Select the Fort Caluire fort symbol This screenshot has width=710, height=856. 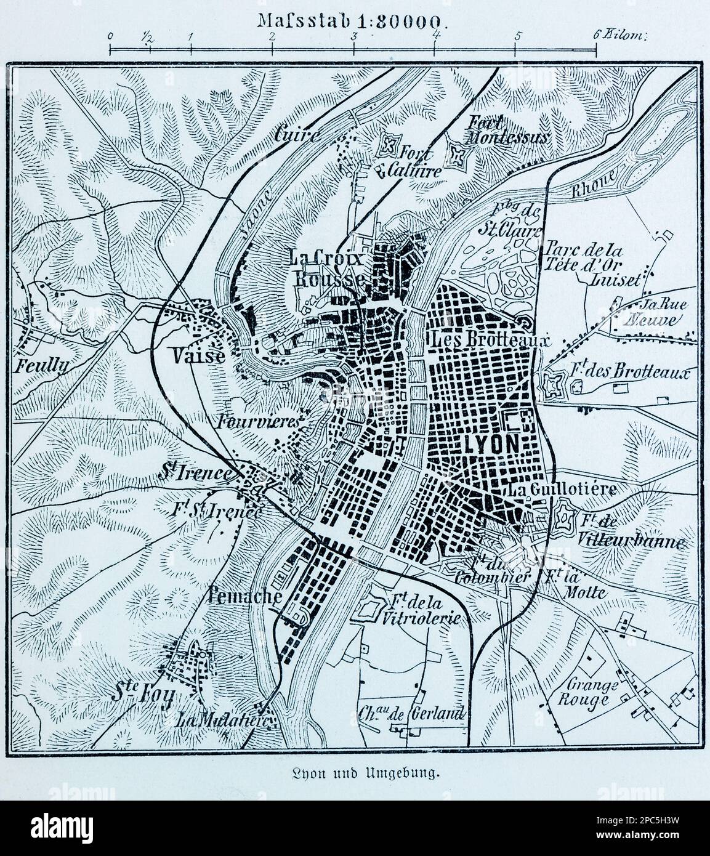(389, 146)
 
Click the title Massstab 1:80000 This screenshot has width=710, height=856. (351, 18)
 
